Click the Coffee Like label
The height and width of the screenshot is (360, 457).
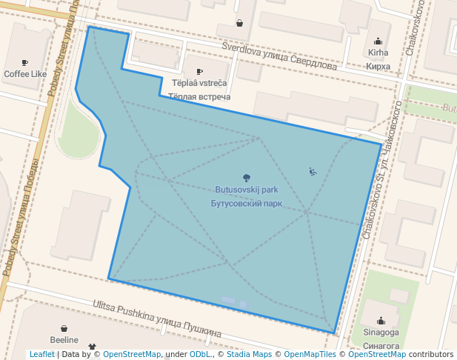[24, 74]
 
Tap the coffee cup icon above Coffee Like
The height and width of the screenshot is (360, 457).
[24, 63]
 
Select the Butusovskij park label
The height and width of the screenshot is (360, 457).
[247, 190]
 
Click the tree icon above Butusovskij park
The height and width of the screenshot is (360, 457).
[247, 178]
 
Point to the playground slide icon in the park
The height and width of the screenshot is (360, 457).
[313, 172]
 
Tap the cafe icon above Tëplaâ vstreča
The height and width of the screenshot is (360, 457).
[199, 72]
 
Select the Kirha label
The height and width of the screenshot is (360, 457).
[378, 53]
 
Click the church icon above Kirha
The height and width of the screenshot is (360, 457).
[378, 41]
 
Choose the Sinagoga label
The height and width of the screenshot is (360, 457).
[381, 333]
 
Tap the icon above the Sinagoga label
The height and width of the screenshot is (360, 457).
[381, 321]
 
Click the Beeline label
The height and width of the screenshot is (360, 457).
[64, 339]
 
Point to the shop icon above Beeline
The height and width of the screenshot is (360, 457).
[64, 327]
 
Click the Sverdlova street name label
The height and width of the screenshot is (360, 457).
[279, 56]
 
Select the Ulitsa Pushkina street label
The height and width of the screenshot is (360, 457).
[157, 319]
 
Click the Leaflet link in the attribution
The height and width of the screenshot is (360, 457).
[41, 355]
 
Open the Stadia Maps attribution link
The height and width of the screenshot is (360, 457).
[249, 355]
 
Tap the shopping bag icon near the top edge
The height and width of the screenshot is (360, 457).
[239, 23]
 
